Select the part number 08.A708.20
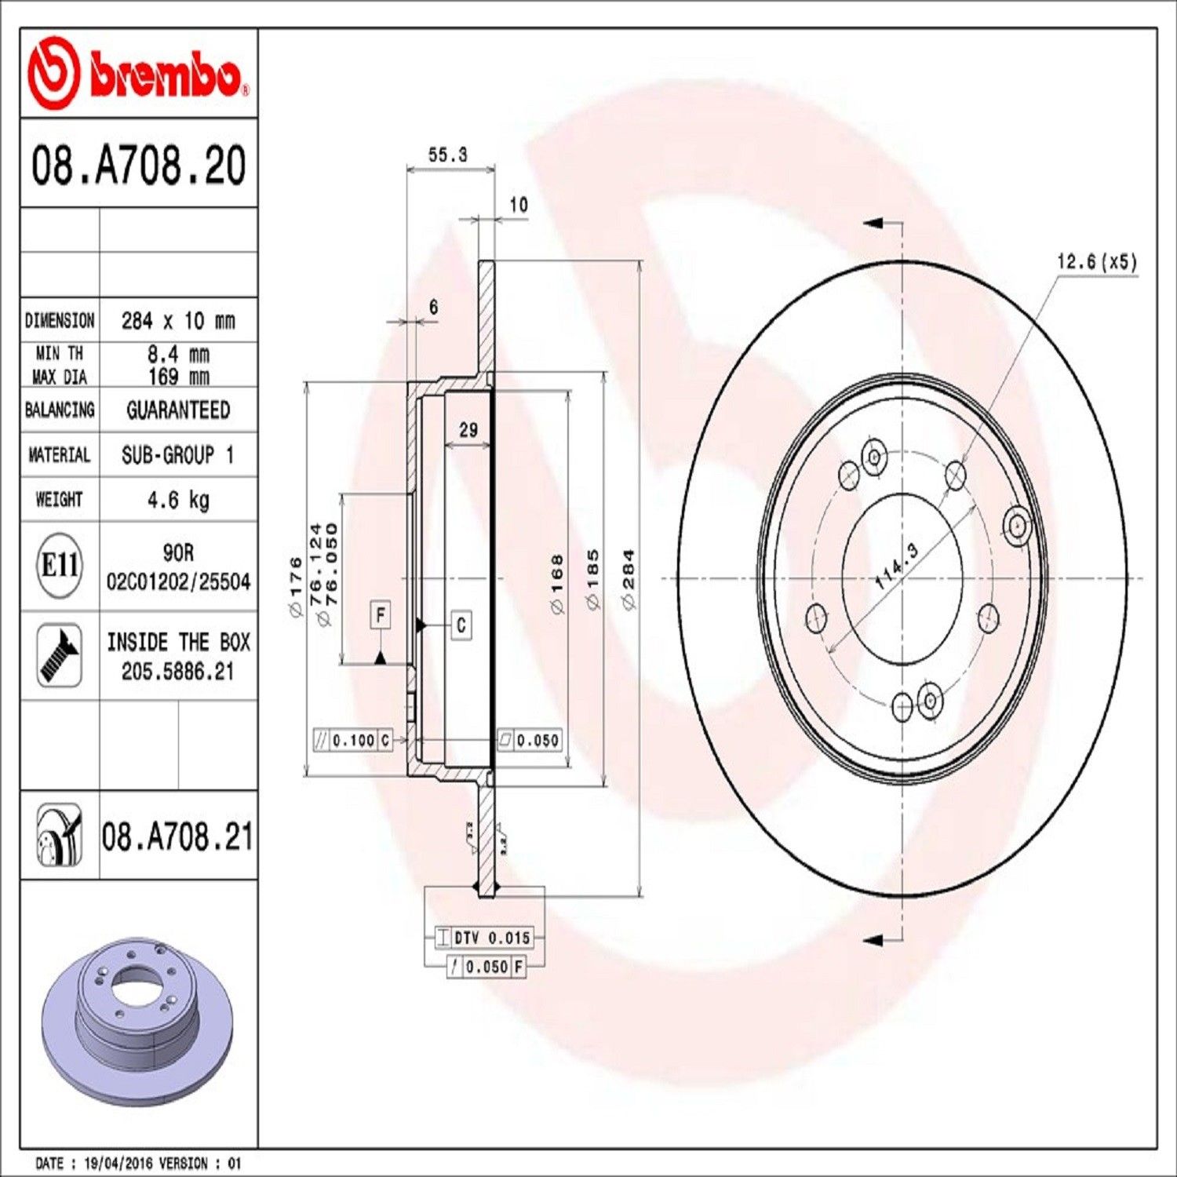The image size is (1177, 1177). (x=138, y=165)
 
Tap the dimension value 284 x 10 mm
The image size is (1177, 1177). (x=178, y=320)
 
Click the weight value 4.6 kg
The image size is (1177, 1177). (x=178, y=500)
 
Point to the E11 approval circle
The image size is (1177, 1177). (x=59, y=565)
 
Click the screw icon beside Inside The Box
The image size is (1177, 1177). (x=60, y=656)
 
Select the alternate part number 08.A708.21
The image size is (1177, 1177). (x=177, y=837)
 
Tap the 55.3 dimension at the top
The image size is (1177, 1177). (x=447, y=155)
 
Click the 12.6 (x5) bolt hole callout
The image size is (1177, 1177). (x=1096, y=261)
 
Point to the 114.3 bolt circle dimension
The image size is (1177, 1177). (x=896, y=567)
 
